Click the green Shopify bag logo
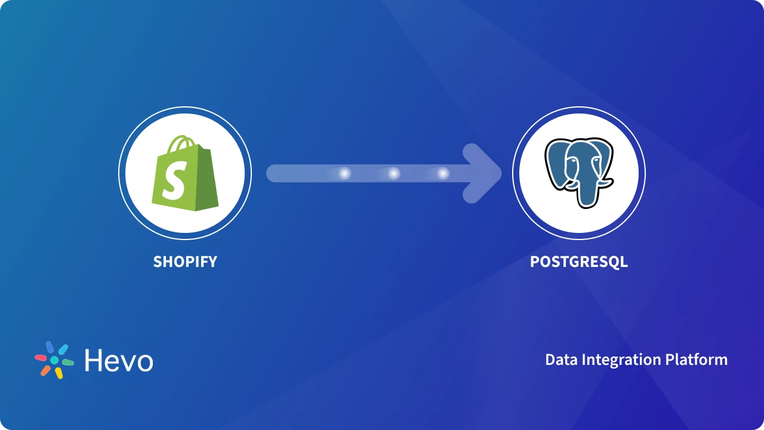click(x=184, y=174)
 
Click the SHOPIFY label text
click(x=185, y=262)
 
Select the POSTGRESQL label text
click(x=579, y=262)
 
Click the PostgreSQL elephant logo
click(x=578, y=173)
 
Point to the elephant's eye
click(x=572, y=159)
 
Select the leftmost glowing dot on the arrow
click(x=344, y=174)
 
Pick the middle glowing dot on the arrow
click(x=394, y=174)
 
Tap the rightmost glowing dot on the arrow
click(x=443, y=174)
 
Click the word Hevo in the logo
click(x=119, y=361)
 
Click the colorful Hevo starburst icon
click(x=54, y=360)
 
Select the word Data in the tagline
click(x=561, y=360)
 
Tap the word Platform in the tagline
click(x=697, y=360)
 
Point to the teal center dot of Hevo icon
click(x=54, y=361)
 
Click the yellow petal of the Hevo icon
click(x=59, y=373)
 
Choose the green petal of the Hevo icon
click(x=67, y=362)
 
